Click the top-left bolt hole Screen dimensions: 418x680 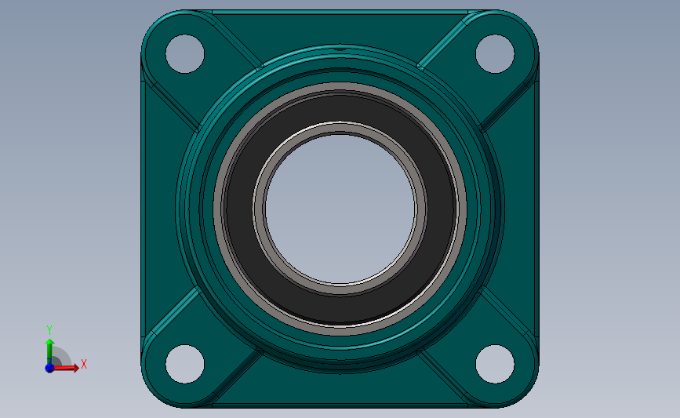184,54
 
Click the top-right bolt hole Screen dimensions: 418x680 495,54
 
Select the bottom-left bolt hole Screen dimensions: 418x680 184,364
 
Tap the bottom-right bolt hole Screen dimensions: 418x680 495,364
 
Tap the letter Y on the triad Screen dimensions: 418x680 49,329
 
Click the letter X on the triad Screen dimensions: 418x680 83,364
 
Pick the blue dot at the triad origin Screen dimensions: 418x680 49,367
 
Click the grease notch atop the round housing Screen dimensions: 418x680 340,50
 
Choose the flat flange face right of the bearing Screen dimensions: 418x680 519,208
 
